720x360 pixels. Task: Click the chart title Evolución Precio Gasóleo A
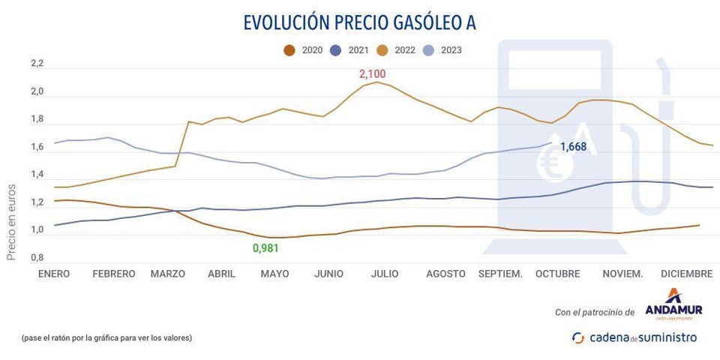(x=359, y=23)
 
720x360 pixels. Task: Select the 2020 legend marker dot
(x=289, y=51)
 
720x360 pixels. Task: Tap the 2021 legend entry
(x=351, y=51)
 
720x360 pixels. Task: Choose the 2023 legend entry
(x=443, y=51)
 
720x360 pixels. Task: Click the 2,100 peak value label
(x=372, y=74)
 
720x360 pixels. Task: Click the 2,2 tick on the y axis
(x=37, y=64)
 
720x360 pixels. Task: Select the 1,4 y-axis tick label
(x=37, y=175)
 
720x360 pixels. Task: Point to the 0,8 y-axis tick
(x=37, y=258)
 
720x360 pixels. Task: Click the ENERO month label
(x=53, y=274)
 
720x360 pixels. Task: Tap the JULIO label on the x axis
(x=385, y=274)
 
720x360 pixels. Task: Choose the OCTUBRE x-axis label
(x=557, y=274)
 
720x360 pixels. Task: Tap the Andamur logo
(x=673, y=304)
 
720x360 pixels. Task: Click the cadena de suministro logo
(x=634, y=337)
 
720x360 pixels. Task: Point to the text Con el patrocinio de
(x=595, y=312)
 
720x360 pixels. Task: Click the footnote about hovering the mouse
(x=107, y=337)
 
